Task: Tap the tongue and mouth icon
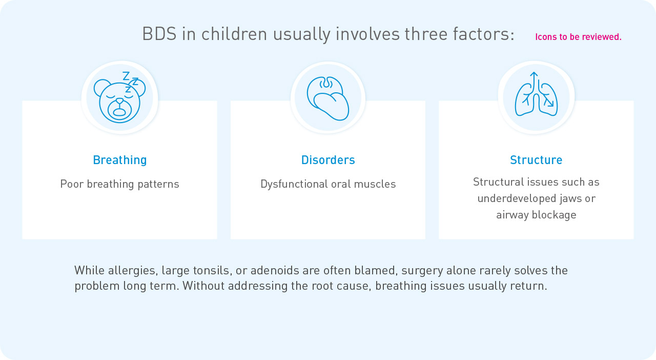tap(327, 98)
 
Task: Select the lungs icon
tap(536, 94)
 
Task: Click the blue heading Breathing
tap(120, 160)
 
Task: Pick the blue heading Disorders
tap(328, 160)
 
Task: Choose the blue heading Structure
tap(536, 160)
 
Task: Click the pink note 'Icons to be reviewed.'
tap(578, 37)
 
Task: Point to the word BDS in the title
tap(159, 34)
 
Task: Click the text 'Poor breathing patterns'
tap(119, 184)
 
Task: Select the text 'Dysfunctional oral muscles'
tap(328, 184)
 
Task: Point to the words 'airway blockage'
tap(536, 215)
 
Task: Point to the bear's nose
tap(119, 101)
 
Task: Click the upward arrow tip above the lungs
tap(534, 72)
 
